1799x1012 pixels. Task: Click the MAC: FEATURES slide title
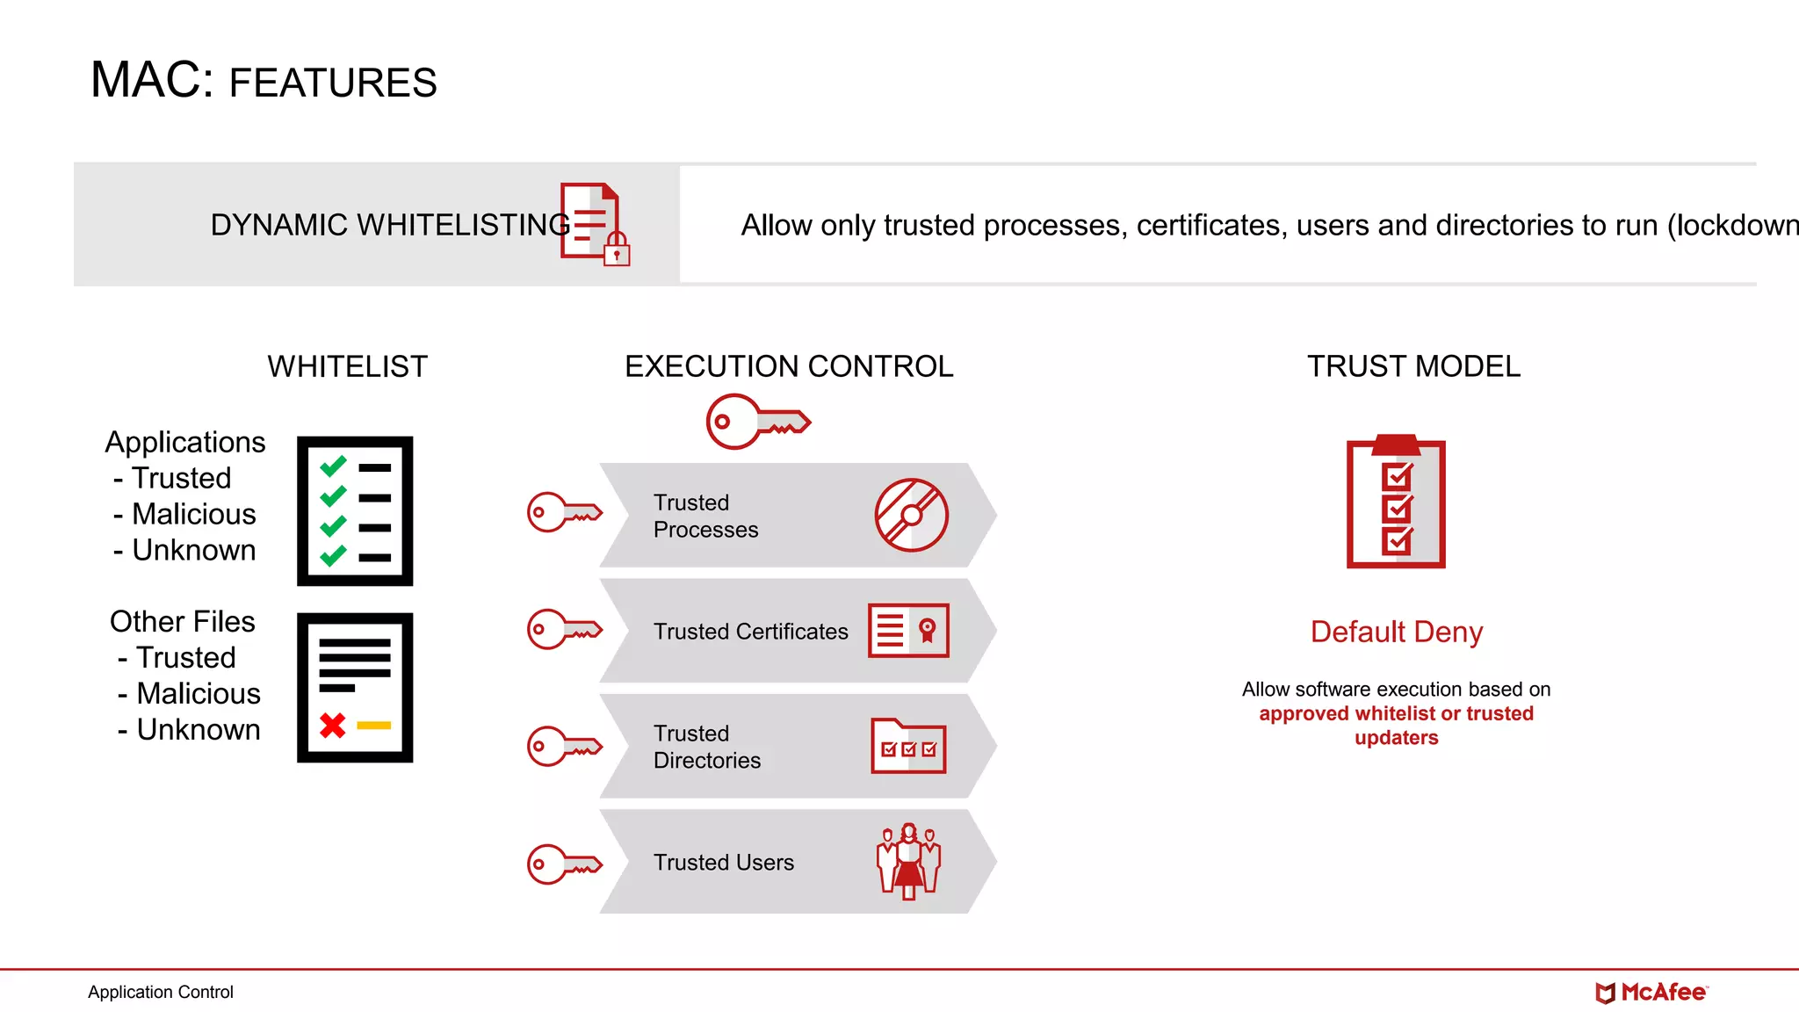point(264,81)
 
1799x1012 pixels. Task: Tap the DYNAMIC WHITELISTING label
point(390,225)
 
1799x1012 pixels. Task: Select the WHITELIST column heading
point(347,366)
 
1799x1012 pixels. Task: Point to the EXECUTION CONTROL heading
point(789,366)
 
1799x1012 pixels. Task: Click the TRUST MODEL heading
point(1413,366)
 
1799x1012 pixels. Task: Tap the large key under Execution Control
point(757,422)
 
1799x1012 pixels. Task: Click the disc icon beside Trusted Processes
point(911,515)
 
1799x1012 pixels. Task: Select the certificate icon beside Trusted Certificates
point(908,630)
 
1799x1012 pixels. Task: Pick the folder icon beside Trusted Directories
point(908,747)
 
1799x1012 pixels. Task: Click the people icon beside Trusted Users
point(908,861)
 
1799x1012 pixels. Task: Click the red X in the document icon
point(333,726)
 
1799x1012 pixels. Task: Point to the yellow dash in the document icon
point(373,726)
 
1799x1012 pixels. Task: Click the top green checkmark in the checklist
point(333,466)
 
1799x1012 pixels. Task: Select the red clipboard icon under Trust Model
point(1396,502)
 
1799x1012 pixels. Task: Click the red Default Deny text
point(1396,632)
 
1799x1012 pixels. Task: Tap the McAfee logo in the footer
point(1651,993)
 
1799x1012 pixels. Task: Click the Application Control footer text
point(161,992)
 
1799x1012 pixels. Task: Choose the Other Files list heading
point(183,621)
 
